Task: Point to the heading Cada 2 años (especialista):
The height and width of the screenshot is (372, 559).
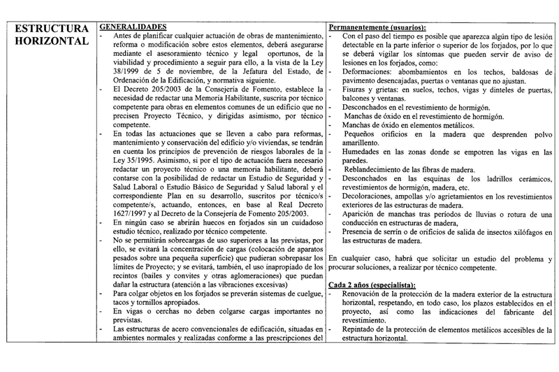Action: (x=371, y=284)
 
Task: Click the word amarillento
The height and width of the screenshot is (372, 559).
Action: (x=368, y=142)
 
